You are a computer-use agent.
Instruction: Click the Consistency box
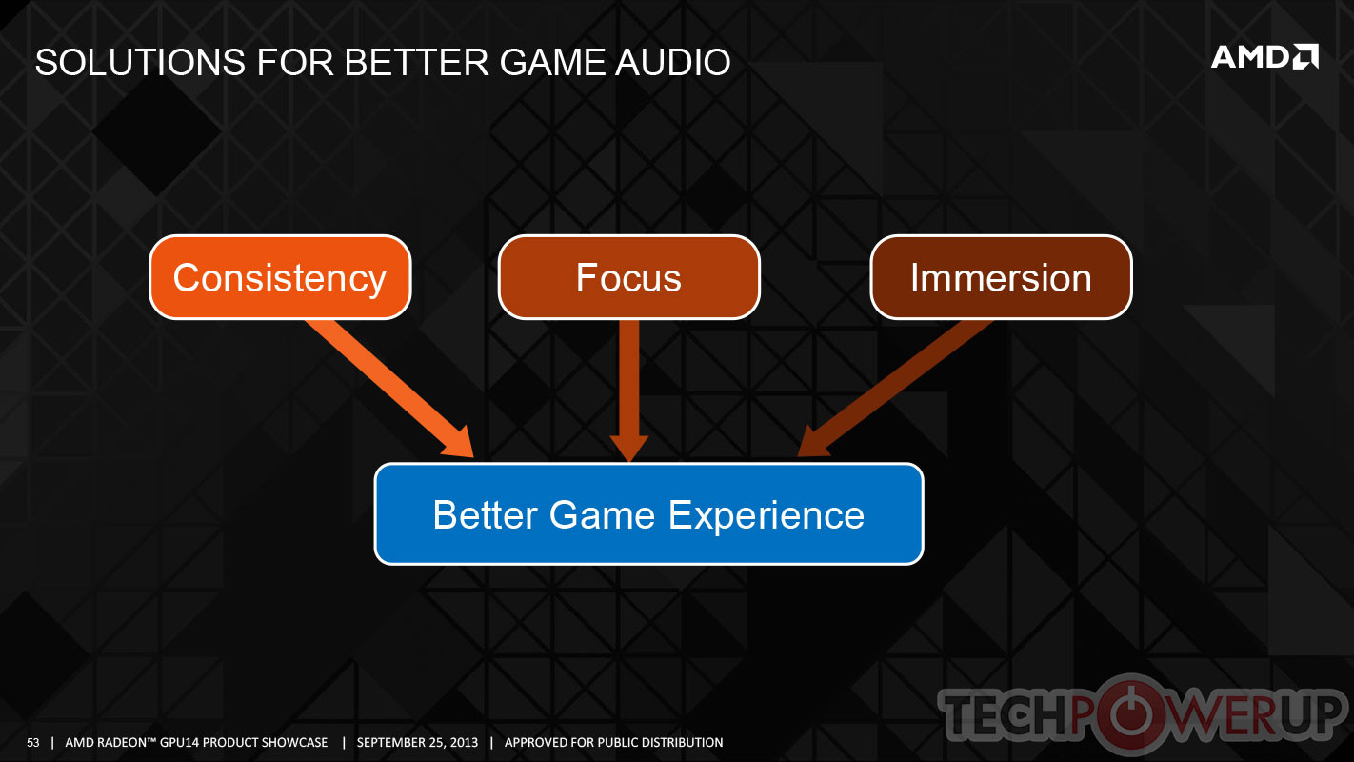coord(280,277)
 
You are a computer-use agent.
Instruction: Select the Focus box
coord(628,277)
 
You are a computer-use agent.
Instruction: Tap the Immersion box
coord(1001,277)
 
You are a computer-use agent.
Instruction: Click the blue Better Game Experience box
coord(648,514)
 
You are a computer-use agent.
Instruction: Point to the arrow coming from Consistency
coord(389,389)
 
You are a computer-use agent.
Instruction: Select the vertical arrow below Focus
coord(628,391)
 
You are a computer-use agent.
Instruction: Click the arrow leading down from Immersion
coord(895,389)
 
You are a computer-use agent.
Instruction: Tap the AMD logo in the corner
coord(1264,57)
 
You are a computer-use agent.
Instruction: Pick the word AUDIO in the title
coord(673,62)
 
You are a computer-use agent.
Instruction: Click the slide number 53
coord(32,742)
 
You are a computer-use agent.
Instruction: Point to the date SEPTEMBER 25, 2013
coord(417,742)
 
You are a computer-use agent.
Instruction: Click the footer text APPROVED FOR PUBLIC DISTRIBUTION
coord(613,742)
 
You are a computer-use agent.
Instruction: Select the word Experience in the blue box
coord(767,515)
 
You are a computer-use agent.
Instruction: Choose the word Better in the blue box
coord(486,514)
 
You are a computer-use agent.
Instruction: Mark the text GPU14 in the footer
coord(176,742)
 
